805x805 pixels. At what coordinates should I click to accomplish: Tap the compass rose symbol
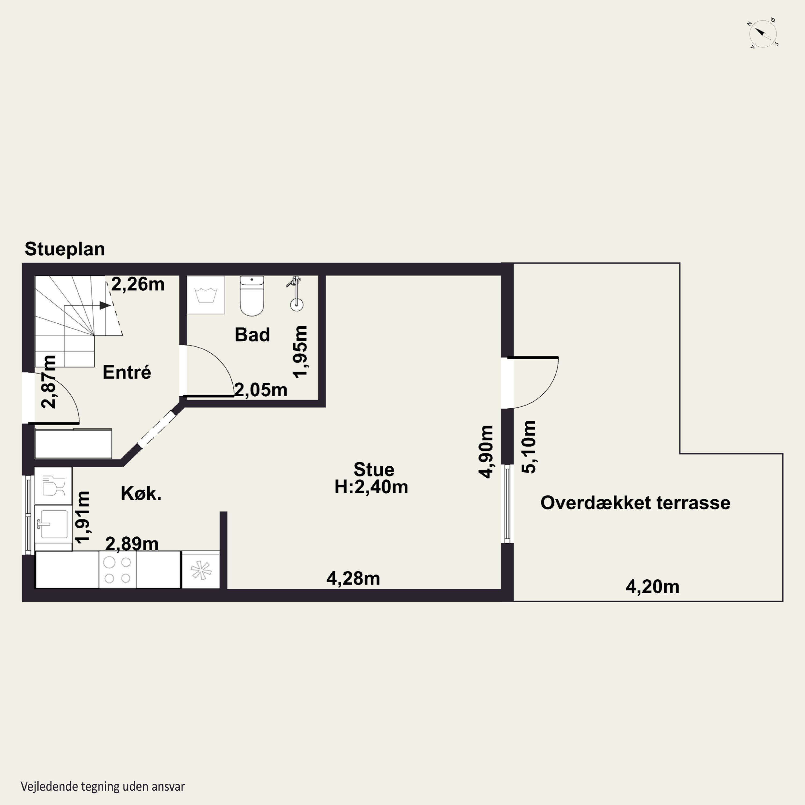click(x=763, y=33)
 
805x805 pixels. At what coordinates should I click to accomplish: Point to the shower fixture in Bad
click(x=296, y=294)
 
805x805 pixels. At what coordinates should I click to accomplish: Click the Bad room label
click(x=252, y=335)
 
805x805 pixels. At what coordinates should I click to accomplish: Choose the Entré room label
click(x=127, y=372)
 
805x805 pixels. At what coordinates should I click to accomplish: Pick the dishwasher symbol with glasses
click(x=53, y=485)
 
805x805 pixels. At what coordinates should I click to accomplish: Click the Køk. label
click(x=141, y=493)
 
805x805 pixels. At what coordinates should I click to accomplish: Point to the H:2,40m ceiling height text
click(x=371, y=487)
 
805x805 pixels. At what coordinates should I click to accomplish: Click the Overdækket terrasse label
click(x=635, y=503)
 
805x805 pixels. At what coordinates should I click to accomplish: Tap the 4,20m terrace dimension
click(x=652, y=587)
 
